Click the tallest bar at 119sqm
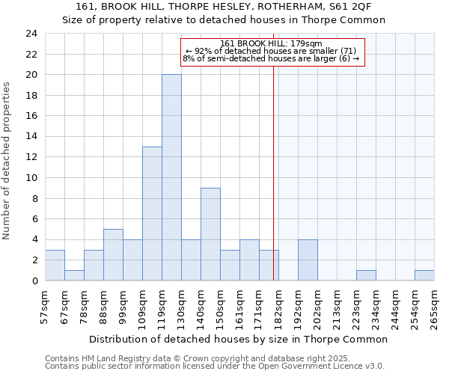pos(171,177)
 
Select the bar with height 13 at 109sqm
pos(152,213)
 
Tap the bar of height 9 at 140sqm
pos(210,234)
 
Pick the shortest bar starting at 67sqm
pos(74,275)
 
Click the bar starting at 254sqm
pos(424,275)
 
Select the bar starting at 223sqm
pos(366,275)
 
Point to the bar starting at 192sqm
pos(308,260)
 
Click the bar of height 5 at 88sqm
pos(113,254)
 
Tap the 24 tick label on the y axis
pos(31,34)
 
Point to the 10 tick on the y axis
pos(31,178)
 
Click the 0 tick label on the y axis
pos(34,280)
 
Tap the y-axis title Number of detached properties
pos(7,161)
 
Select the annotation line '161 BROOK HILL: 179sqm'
pos(272,43)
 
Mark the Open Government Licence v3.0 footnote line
pos(215,366)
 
